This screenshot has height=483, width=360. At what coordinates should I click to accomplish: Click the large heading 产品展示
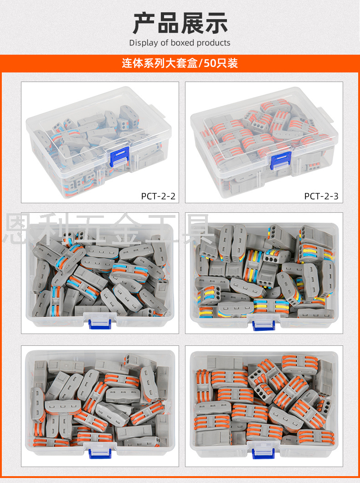point(180,23)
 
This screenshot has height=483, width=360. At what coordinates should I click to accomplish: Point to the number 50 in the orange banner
point(210,63)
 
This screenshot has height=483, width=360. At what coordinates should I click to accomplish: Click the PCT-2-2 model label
point(158,196)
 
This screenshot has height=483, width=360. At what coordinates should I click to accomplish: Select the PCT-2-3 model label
point(321,196)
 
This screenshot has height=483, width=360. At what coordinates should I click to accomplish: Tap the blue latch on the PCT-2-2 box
point(119,157)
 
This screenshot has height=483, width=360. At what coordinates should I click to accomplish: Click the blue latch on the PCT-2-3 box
point(280,160)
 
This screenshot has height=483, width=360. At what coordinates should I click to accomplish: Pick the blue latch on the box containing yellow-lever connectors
point(263,325)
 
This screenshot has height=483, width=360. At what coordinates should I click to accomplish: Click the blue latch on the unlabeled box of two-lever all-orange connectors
point(100,453)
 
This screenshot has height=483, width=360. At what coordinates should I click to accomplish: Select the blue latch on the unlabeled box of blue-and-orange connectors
point(100,324)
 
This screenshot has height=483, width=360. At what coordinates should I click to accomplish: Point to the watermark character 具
point(197,228)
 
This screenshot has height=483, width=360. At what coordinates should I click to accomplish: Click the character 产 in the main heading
point(144,23)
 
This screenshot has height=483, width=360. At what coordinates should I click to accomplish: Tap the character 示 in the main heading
point(216,23)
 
